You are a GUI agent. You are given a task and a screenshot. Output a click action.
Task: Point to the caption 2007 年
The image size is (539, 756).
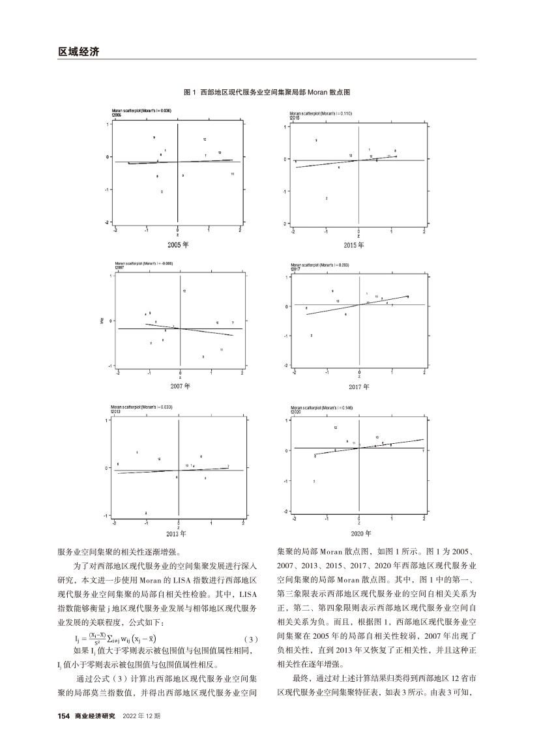179,386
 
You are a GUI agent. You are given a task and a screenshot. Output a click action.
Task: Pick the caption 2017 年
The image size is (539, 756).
358,387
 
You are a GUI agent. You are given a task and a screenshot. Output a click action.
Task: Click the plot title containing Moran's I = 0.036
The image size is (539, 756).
141,111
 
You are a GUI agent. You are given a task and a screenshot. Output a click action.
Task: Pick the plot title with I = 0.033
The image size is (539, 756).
141,408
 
